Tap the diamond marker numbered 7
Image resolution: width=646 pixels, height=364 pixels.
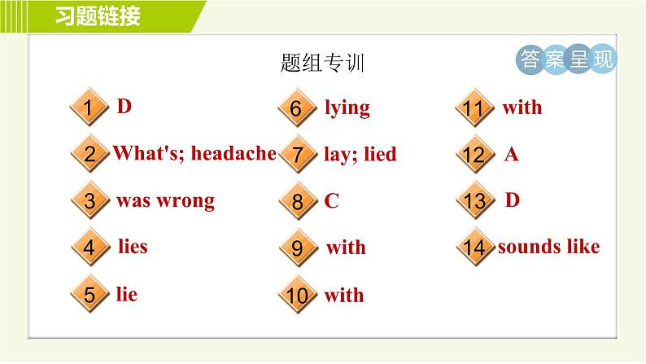click(x=297, y=155)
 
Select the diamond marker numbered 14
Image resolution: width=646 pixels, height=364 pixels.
click(x=474, y=248)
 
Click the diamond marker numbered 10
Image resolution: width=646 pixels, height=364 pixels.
click(x=297, y=296)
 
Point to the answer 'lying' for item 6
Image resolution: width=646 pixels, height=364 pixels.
click(x=347, y=107)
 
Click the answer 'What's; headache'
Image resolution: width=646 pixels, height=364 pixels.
click(x=194, y=153)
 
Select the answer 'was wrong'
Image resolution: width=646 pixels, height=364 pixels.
click(x=165, y=200)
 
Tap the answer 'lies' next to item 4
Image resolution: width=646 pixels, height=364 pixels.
click(x=133, y=246)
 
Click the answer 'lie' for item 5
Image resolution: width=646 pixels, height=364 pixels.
click(x=126, y=294)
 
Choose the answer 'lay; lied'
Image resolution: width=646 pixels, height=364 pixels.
click(x=360, y=154)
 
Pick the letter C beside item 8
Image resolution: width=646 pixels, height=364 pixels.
click(x=331, y=201)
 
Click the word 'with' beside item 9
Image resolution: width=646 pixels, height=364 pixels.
click(x=346, y=248)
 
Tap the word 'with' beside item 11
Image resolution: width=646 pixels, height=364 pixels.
click(x=522, y=107)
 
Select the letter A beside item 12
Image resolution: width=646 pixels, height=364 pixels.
click(x=511, y=154)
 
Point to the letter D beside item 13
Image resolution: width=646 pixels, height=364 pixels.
click(x=512, y=200)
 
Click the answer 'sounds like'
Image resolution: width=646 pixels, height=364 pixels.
click(x=548, y=247)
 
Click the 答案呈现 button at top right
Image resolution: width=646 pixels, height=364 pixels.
click(x=566, y=59)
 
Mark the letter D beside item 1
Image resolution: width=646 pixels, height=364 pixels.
click(x=124, y=107)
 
